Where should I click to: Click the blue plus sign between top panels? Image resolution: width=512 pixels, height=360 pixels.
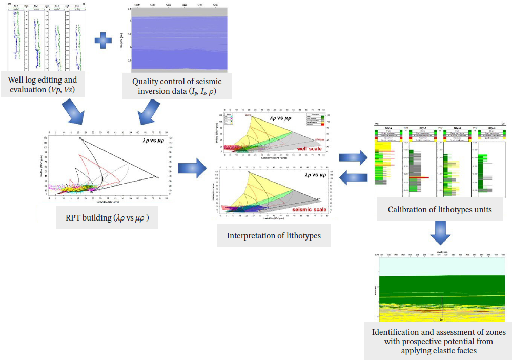tap(103, 40)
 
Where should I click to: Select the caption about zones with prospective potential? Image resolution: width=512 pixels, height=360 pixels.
tap(438, 341)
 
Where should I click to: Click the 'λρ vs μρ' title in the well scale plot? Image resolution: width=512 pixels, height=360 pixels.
tap(282, 118)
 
